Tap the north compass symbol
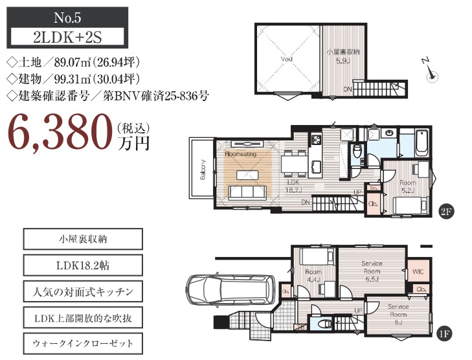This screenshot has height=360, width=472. point(430,71)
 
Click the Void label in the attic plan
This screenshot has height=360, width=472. point(287,60)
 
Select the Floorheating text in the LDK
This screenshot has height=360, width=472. point(242,155)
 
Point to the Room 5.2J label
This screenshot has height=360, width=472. point(407,186)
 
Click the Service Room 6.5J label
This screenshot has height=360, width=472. point(372,270)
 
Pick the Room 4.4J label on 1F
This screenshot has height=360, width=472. point(313,276)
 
